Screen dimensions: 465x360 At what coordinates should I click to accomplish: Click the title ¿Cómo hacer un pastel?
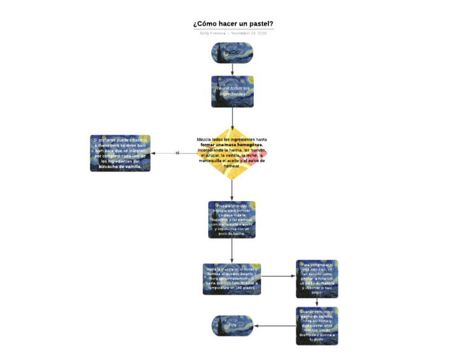(233, 24)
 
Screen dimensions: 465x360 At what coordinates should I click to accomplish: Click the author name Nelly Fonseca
(213, 33)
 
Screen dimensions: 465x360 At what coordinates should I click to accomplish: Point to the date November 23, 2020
(249, 33)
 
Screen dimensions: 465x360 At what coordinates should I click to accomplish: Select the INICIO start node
(232, 53)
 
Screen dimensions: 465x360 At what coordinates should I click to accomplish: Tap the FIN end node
(232, 326)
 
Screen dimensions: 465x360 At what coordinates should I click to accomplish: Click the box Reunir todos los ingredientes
(232, 92)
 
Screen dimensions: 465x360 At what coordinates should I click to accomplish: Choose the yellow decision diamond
(232, 153)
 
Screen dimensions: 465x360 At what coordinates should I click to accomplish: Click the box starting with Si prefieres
(120, 153)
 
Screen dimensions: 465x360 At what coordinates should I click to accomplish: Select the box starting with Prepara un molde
(232, 219)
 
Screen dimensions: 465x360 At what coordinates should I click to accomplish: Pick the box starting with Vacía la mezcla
(232, 279)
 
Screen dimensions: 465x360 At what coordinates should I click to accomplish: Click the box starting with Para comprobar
(317, 279)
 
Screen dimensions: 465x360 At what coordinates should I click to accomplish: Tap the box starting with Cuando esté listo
(317, 326)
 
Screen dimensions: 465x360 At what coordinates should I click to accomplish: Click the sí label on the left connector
(177, 153)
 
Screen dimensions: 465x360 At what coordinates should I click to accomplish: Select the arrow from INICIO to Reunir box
(232, 69)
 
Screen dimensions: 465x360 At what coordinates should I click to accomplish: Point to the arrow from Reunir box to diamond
(232, 118)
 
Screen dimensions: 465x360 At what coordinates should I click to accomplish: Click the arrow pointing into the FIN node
(274, 326)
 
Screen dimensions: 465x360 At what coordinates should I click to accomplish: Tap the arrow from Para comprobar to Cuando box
(317, 303)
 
